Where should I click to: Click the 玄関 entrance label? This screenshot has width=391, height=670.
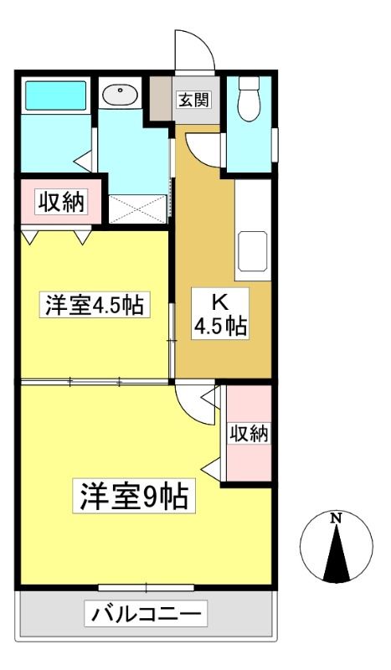(194, 100)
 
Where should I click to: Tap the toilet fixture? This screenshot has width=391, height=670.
(250, 99)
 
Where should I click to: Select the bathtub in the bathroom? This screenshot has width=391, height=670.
(55, 95)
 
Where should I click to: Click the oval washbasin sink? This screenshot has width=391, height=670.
(120, 94)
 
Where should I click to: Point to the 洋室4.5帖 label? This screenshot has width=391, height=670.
(95, 304)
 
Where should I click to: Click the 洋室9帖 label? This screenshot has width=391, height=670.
(134, 496)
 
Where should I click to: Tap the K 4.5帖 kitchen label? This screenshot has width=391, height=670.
(219, 314)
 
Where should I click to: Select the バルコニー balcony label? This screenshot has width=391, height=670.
(146, 614)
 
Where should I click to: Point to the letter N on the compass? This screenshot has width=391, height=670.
(337, 518)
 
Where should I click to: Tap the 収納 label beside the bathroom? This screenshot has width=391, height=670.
(61, 202)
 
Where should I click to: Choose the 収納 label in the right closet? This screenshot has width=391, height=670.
(249, 434)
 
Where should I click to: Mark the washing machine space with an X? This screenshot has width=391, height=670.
(137, 209)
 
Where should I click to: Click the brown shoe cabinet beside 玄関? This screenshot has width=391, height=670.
(161, 99)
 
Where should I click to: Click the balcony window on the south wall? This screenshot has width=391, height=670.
(147, 588)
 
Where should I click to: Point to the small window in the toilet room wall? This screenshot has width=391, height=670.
(275, 144)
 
